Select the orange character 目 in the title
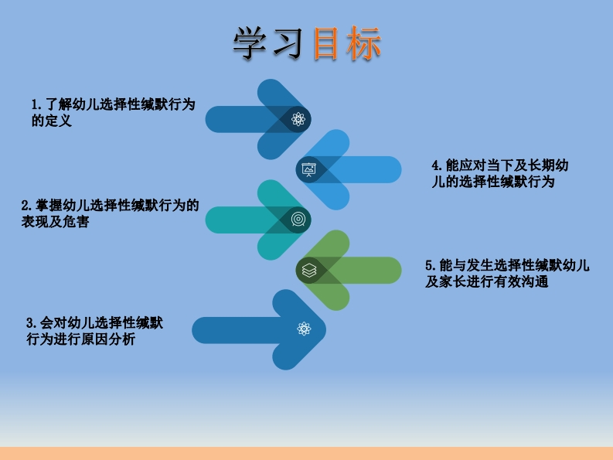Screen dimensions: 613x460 327,45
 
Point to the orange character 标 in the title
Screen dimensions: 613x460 363,45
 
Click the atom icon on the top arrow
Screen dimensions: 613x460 298,119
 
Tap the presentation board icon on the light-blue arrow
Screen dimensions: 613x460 308,170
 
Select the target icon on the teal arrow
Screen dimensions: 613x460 298,220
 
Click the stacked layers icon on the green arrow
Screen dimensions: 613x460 309,270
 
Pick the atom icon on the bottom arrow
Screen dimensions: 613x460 304,329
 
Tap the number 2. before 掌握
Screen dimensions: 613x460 26,206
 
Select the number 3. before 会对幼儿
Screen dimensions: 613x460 31,322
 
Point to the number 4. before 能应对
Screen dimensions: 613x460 436,165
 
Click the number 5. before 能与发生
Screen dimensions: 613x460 430,265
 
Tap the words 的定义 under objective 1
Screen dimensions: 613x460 51,121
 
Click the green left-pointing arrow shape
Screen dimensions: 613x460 363,270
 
